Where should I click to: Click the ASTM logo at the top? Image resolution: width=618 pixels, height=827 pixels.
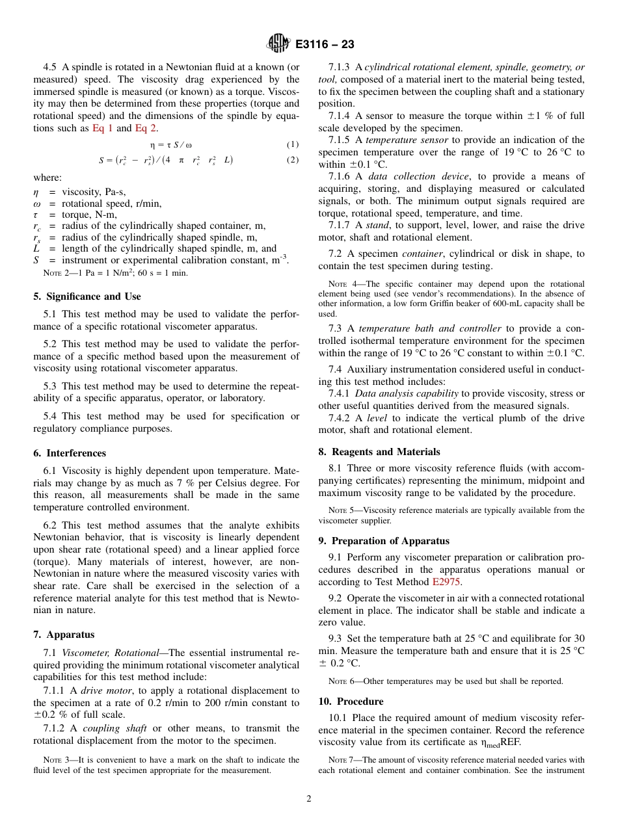[278, 45]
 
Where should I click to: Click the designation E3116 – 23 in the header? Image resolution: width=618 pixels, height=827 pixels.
[325, 45]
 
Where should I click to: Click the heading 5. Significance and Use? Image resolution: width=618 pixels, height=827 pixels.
[87, 296]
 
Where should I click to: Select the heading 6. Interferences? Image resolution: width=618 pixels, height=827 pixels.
[70, 453]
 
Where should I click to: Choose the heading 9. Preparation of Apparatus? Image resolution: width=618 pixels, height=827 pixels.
[384, 541]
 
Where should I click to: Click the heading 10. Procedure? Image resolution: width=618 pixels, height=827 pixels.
[351, 702]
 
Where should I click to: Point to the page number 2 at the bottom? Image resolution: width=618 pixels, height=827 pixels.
[309, 799]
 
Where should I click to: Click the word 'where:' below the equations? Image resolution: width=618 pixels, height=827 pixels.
[47, 177]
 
